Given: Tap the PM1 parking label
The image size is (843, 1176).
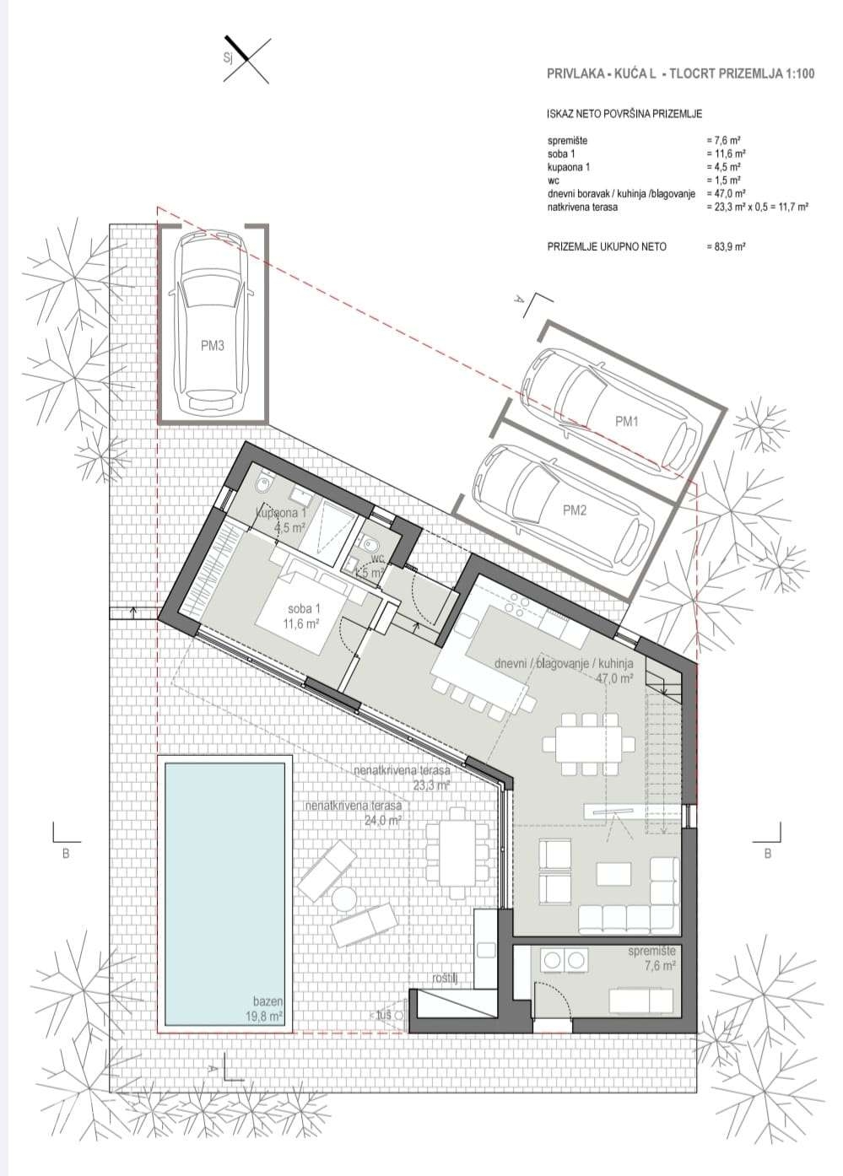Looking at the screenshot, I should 625,419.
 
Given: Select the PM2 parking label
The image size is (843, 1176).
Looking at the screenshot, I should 575,509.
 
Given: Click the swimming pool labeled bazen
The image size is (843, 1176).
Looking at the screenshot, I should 224,890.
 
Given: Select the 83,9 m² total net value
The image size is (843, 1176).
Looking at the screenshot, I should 727,246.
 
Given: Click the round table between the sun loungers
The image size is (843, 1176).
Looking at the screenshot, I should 344,900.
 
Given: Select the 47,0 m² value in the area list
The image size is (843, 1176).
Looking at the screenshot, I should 724,193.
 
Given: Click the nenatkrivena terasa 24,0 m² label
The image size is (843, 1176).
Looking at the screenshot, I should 353,812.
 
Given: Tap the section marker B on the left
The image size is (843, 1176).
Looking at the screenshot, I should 65,853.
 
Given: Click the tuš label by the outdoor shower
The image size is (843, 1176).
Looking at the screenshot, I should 384,1015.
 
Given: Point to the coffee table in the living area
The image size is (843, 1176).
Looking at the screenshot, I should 613,873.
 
